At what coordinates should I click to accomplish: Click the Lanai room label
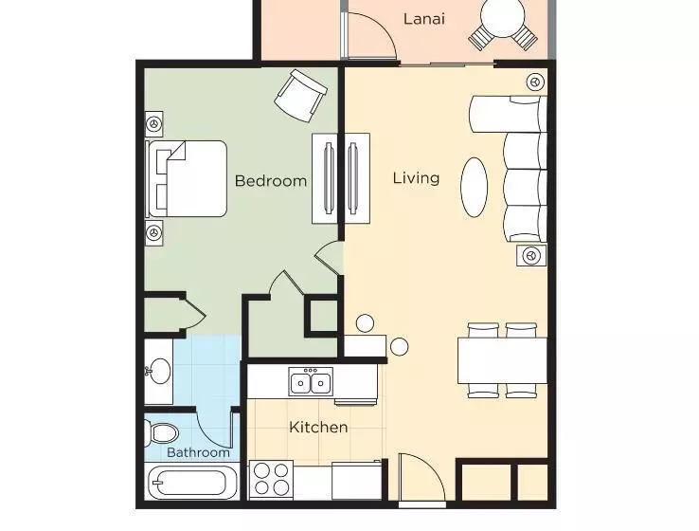tap(424, 19)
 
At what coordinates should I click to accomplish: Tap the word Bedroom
tap(271, 181)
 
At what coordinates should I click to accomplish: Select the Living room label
tap(416, 178)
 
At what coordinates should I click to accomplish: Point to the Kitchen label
tap(318, 427)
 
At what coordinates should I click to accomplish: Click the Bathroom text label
tap(198, 452)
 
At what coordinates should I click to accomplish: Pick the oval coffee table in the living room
tap(474, 187)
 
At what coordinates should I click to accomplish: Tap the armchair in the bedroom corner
tap(300, 95)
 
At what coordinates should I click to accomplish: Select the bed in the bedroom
tap(187, 179)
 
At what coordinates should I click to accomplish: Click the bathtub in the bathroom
tap(191, 483)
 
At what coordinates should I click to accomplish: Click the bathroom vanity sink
tap(159, 371)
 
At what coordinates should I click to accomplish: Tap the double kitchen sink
tap(311, 381)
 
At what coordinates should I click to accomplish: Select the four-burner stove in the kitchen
tap(271, 480)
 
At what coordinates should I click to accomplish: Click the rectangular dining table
tap(502, 360)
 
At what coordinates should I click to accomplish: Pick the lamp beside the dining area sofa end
tap(531, 256)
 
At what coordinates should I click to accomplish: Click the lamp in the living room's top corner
tap(535, 82)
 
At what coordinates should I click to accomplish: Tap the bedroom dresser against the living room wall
tap(325, 178)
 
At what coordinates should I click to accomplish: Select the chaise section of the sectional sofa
tap(509, 114)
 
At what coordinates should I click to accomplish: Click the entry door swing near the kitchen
tap(421, 478)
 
